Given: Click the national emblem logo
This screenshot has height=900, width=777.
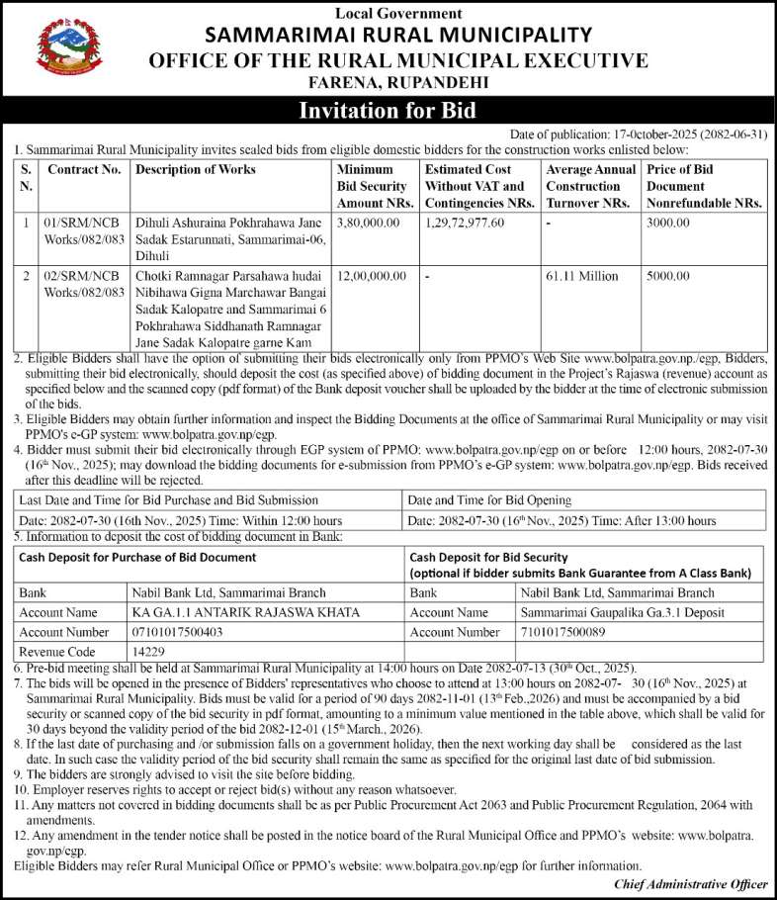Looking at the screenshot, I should [x=68, y=50].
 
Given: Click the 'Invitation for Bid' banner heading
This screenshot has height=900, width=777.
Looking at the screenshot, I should [x=388, y=110].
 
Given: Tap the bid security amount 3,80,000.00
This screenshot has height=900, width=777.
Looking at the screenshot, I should [x=368, y=225].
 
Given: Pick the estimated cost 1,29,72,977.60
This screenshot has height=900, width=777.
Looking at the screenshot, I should [x=465, y=225].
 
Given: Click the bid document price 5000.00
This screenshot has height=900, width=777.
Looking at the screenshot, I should [x=668, y=277].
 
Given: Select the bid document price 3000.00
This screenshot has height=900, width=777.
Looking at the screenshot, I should [x=668, y=225].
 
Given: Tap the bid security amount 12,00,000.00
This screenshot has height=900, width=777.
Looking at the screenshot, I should [x=371, y=277].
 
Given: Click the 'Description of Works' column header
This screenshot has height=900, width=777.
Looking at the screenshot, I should [x=195, y=170].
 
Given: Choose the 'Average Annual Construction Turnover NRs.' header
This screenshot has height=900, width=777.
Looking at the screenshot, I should [x=590, y=186].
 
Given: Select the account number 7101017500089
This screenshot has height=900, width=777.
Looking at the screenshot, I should [x=567, y=632].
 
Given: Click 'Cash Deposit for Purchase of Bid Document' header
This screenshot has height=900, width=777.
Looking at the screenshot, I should [x=137, y=558].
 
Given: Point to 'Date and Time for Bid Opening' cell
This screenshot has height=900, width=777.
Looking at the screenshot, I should [x=489, y=500].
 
